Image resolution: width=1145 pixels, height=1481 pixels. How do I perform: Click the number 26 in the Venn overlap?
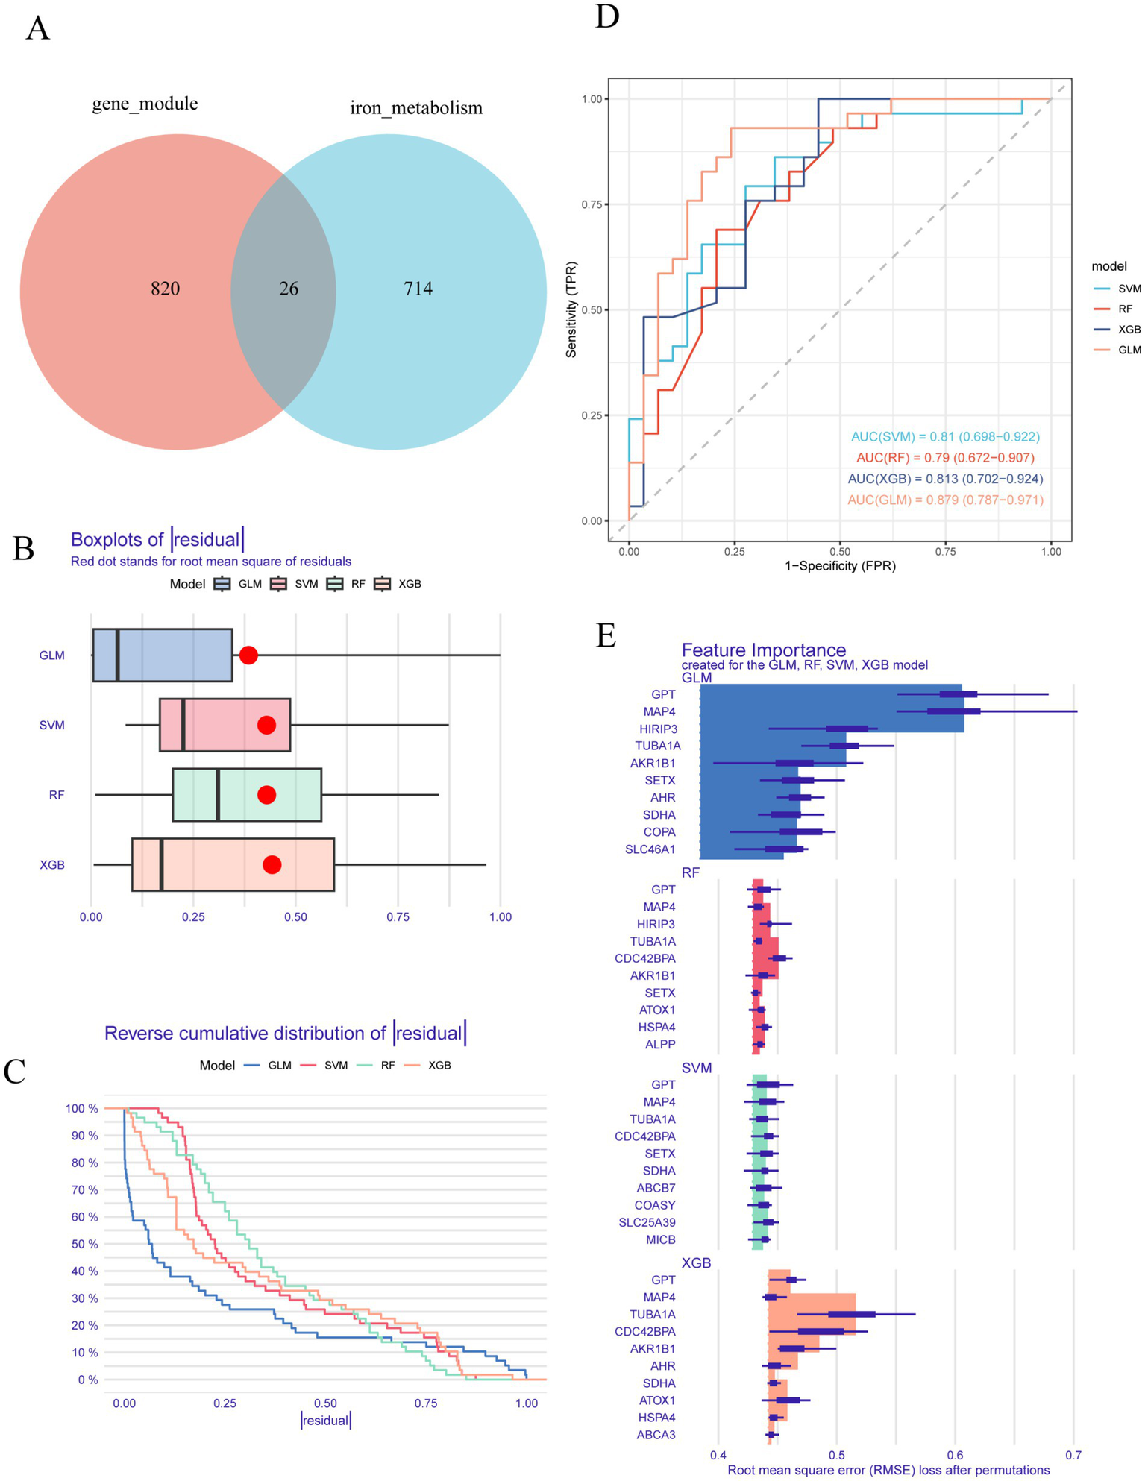[x=289, y=289]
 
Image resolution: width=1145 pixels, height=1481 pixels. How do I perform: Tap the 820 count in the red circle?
[x=165, y=289]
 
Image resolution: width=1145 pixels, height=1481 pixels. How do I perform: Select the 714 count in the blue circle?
[x=418, y=289]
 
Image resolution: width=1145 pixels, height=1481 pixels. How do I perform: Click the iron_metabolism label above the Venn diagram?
[x=416, y=108]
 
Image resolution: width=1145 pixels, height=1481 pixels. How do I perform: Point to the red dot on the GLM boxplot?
[x=248, y=655]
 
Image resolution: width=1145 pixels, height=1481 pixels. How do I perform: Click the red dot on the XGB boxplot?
[x=272, y=864]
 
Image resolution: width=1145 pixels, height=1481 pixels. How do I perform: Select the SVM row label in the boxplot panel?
[x=52, y=725]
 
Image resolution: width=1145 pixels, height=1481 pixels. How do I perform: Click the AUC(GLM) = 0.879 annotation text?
[x=945, y=500]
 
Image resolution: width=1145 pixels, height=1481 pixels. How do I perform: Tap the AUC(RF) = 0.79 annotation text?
[x=945, y=457]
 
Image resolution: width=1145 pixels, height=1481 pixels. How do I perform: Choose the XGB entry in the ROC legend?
[x=1129, y=330]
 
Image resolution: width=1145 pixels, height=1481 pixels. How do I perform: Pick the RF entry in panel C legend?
[x=387, y=1066]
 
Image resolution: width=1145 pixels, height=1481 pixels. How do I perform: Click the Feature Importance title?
[x=764, y=650]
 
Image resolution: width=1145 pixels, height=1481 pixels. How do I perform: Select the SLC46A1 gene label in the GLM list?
[x=650, y=849]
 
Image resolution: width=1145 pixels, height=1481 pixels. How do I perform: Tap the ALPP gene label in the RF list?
[x=660, y=1044]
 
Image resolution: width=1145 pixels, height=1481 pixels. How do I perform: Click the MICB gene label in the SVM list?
[x=660, y=1239]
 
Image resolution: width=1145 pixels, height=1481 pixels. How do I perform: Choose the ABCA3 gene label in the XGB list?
[x=656, y=1434]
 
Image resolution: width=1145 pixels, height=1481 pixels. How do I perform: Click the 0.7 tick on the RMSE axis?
[x=1072, y=1454]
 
